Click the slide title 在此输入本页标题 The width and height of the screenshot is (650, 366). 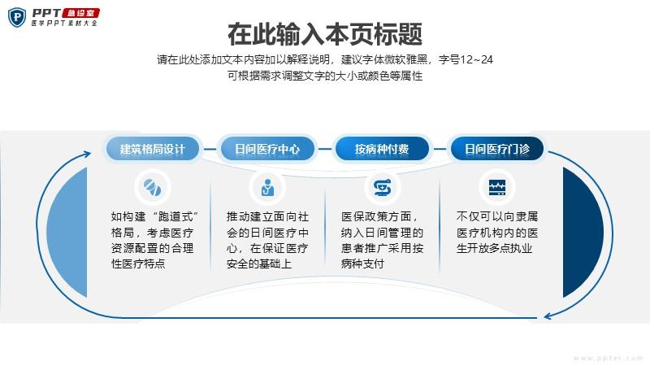point(325,34)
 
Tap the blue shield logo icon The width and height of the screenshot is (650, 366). point(17,17)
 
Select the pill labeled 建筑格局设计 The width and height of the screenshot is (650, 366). point(153,149)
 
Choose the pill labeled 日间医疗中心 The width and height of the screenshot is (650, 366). point(267,149)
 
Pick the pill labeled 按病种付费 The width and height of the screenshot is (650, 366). point(382,149)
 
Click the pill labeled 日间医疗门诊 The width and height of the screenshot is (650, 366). point(496,149)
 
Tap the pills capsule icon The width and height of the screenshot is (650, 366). point(153,188)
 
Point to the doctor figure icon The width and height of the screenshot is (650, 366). point(268,188)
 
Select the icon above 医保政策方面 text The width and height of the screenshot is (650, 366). point(382,188)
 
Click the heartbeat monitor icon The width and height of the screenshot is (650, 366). point(497,188)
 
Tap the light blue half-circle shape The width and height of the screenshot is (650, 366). point(68,233)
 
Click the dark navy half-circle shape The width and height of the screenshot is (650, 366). point(582,233)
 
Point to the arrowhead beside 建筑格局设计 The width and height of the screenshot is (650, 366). point(87,155)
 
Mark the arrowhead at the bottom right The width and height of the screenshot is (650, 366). point(548,316)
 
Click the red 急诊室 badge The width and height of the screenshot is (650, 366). point(80,13)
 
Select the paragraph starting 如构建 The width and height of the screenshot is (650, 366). point(153,240)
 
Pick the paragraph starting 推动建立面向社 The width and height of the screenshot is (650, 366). point(267,240)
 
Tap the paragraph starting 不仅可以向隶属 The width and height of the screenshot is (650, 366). point(497,233)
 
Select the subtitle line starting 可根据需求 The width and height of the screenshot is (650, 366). point(325,76)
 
